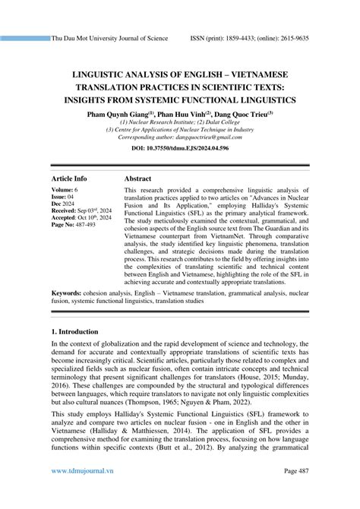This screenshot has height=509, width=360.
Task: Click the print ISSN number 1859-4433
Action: pyautogui.click(x=255, y=37)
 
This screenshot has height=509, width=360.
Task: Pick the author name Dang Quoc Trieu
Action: pyautogui.click(x=245, y=114)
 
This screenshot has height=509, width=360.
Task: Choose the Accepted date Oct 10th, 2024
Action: pyautogui.click(x=94, y=217)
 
